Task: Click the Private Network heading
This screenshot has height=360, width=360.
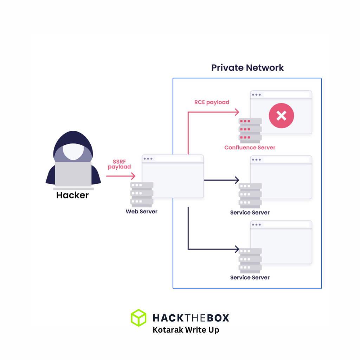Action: pos(247,68)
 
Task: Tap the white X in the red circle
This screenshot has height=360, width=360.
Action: pos(281,115)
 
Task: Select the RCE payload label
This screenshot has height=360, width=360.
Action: pos(212,102)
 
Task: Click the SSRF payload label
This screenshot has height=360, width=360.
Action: pos(119,164)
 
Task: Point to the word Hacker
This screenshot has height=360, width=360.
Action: pos(72,195)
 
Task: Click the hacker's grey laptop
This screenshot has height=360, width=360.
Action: pos(73,174)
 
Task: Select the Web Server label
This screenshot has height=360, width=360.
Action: pos(142,212)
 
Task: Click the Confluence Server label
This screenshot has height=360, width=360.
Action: pos(250,148)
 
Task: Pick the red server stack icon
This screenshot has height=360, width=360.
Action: pos(250,129)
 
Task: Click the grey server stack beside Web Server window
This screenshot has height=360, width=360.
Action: pos(142,194)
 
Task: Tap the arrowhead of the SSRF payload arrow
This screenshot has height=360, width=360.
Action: pos(134,176)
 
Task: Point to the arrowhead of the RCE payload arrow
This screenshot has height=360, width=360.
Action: pos(237,112)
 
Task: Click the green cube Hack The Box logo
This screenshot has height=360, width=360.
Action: pos(139,318)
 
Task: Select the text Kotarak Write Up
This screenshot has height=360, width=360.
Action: pos(186,330)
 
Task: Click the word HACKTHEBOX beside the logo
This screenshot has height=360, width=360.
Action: pos(191,318)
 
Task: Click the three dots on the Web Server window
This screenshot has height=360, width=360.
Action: pos(148,159)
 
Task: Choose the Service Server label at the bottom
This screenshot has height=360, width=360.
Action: pos(250,278)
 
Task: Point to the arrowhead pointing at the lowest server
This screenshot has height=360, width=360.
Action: pos(237,249)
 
